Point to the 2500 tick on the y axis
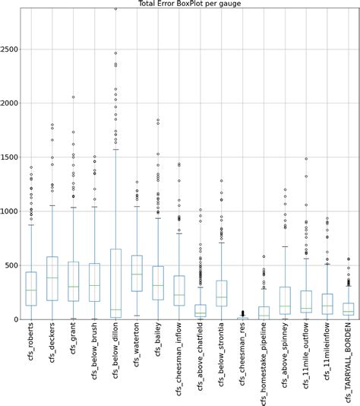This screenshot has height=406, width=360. [x=11, y=49]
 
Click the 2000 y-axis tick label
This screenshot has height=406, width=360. [x=11, y=103]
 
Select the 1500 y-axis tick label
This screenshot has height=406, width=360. [x=11, y=157]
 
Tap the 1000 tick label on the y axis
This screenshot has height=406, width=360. [x=11, y=211]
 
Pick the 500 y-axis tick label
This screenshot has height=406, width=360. [x=14, y=265]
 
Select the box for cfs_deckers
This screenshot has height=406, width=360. [x=52, y=278]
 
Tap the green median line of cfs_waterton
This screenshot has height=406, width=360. [x=137, y=274]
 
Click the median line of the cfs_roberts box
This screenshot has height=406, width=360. [x=31, y=290]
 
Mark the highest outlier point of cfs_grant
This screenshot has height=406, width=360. [x=74, y=97]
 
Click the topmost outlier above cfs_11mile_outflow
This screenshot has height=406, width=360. [x=306, y=159]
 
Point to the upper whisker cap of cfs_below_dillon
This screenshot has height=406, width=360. [x=116, y=150]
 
